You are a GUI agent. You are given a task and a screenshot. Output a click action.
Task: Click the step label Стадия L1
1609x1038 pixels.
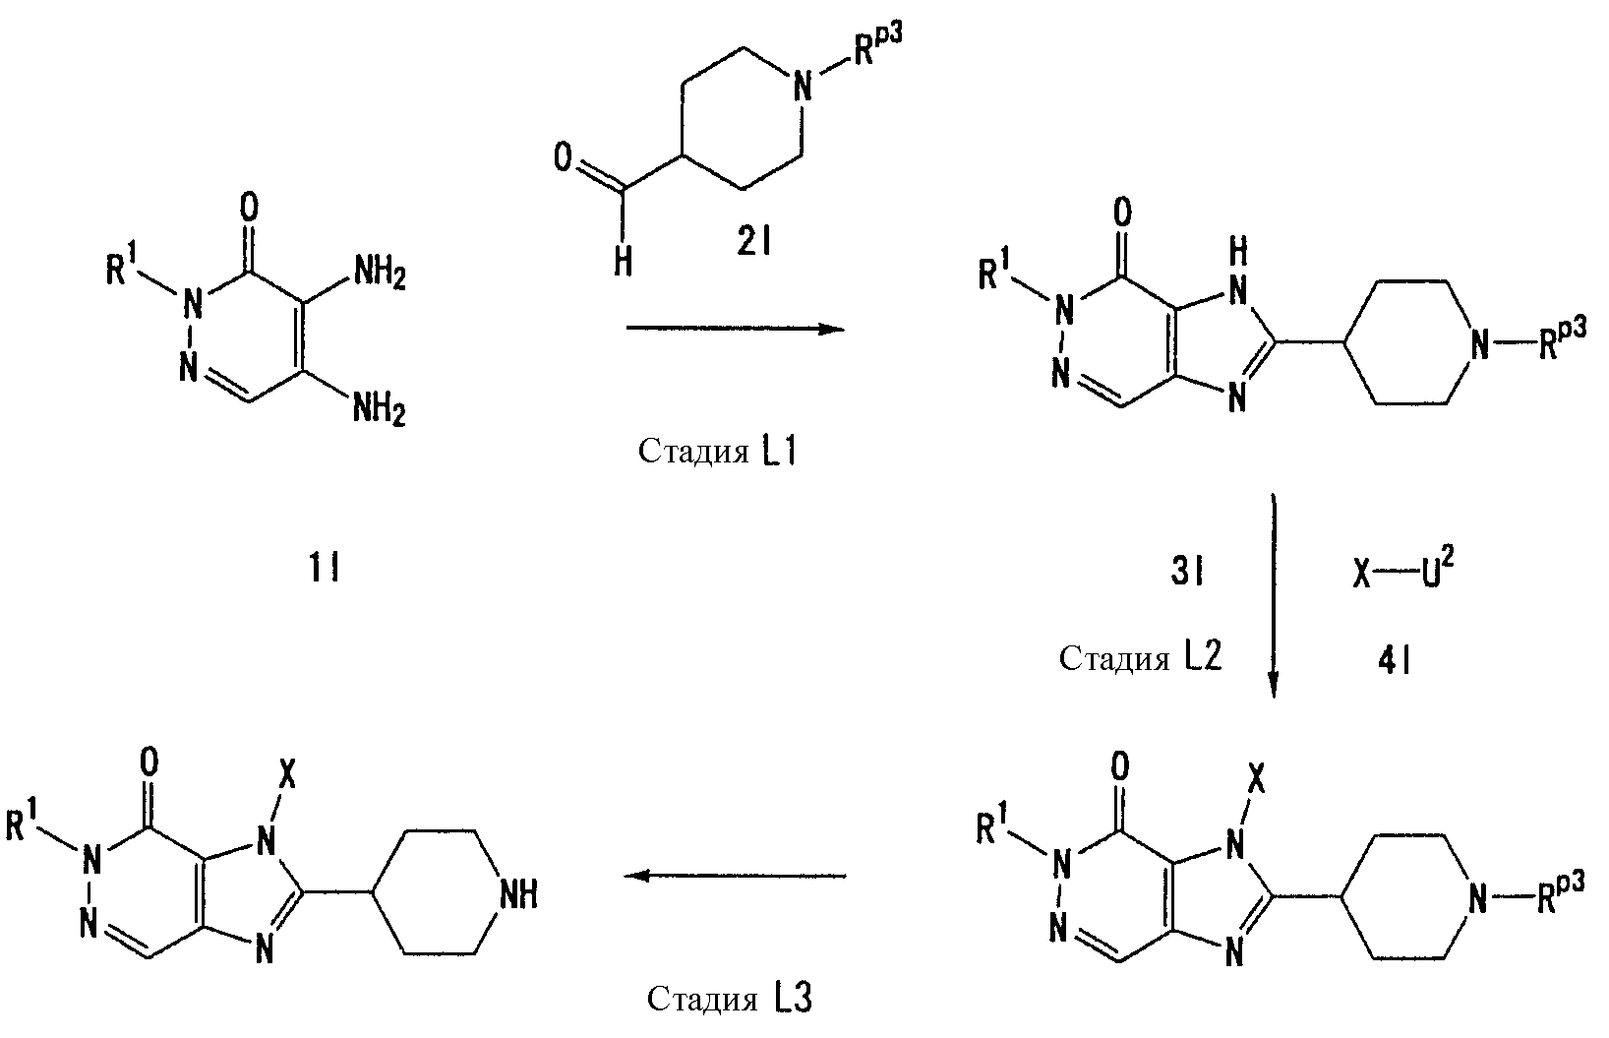tap(717, 452)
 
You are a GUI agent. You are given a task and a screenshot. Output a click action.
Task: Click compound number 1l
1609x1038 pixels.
tap(324, 570)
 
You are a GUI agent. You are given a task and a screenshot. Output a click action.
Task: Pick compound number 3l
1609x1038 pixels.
tap(1186, 573)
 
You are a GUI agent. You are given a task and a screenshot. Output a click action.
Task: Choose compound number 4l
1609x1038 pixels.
tap(1395, 660)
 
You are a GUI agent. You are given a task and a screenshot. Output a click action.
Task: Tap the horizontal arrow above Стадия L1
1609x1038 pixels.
tap(736, 329)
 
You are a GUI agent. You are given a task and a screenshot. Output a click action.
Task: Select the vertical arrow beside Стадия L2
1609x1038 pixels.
tap(1274, 595)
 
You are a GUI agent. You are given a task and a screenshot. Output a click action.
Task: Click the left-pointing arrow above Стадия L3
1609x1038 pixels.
tap(734, 876)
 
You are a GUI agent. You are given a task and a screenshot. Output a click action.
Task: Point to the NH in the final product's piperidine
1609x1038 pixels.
tap(518, 896)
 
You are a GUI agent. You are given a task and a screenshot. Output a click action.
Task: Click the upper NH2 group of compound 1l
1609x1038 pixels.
tap(380, 275)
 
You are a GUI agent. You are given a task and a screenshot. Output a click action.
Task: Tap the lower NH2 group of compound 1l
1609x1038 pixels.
tap(380, 411)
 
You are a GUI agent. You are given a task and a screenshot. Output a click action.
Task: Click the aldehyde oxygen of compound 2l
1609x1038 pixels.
tap(564, 157)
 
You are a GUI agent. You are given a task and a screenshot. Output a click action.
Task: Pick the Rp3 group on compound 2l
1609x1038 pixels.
tap(877, 44)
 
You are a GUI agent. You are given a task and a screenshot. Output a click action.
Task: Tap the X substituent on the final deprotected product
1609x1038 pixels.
tap(286, 775)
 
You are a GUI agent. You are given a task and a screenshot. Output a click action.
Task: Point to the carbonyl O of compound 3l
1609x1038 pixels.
tap(1122, 213)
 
